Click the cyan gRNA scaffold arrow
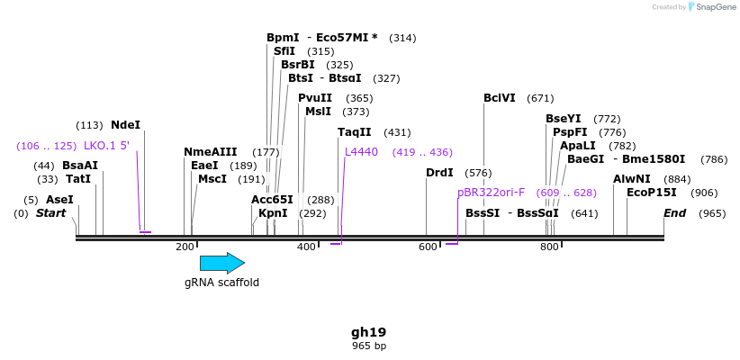coord(221,263)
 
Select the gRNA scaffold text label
coord(221,283)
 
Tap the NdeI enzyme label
coord(125,125)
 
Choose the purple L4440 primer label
coord(361,152)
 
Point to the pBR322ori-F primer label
coord(491,193)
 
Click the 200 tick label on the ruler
coord(185,247)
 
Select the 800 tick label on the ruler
coord(549,247)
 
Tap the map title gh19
coord(369,331)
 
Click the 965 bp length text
coord(369,346)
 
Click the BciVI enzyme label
coord(499,98)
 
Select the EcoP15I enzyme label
coord(651,193)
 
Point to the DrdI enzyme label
coord(439,172)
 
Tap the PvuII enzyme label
coord(315,98)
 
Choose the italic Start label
coord(50,213)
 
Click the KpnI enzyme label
coord(273,213)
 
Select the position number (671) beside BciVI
coord(540,98)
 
